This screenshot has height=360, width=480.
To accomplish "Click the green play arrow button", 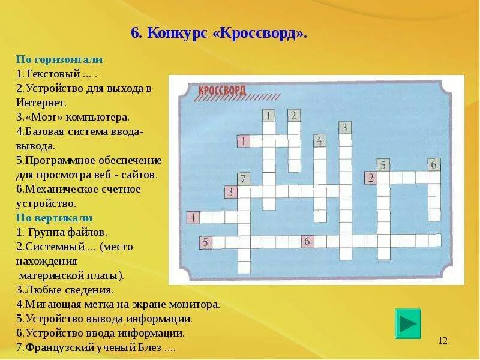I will tap(408, 323).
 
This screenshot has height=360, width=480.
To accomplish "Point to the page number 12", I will tap(443, 341).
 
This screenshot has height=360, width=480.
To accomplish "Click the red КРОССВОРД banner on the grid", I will tap(221, 91).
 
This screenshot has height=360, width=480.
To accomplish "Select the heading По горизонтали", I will tap(59, 59).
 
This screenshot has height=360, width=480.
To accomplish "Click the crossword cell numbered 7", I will tap(243, 179).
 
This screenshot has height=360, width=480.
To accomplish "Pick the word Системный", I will tap(52, 246).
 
